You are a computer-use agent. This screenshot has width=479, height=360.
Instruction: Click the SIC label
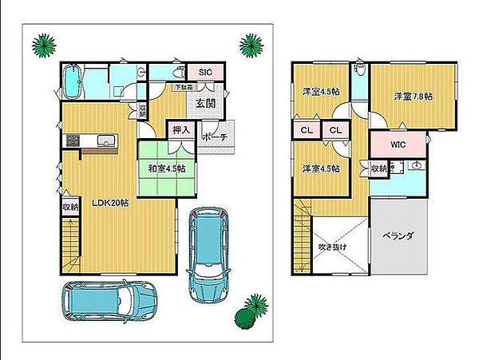[x=205, y=73]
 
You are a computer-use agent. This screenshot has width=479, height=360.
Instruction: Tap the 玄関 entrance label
[x=205, y=104]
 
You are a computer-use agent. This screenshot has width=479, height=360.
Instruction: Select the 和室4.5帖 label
[x=167, y=168]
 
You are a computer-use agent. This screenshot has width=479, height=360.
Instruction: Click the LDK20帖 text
[x=111, y=203]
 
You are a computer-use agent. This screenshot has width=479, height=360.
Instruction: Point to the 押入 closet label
[x=181, y=130]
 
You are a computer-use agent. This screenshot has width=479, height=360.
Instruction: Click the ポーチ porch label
[x=215, y=137]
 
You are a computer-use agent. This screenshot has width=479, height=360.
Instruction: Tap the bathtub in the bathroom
[x=73, y=81]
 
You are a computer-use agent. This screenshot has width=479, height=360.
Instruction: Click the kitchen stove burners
[x=73, y=140]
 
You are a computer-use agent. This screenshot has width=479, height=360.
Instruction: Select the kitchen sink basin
[x=106, y=140]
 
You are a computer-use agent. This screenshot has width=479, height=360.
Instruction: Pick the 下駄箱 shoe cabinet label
[x=184, y=87]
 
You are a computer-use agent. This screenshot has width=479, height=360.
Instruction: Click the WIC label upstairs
[x=398, y=144]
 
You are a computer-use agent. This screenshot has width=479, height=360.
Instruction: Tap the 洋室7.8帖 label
[x=413, y=97]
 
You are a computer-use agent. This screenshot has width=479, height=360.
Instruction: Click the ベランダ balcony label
[x=398, y=236]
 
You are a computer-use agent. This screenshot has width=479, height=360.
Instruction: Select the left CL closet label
[x=307, y=130]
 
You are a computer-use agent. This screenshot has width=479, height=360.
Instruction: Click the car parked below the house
[x=110, y=301]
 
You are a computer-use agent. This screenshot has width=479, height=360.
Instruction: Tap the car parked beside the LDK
[x=208, y=255]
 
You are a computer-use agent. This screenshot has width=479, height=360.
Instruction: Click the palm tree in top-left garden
[x=44, y=45]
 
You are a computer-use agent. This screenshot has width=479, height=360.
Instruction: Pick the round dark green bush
[x=245, y=318]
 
